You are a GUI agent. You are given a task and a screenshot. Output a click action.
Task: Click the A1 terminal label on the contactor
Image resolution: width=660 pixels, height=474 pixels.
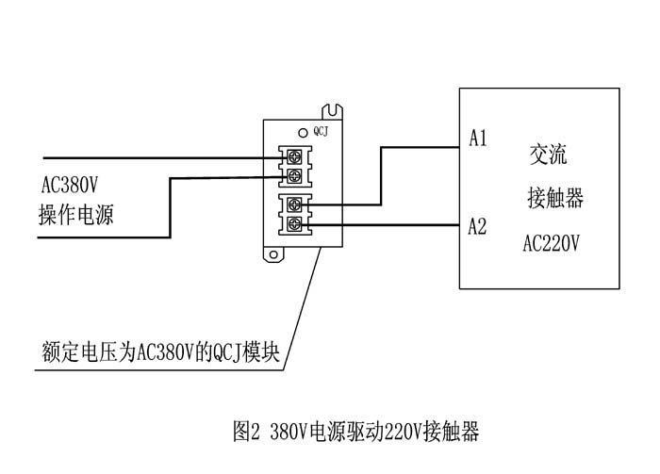(478, 138)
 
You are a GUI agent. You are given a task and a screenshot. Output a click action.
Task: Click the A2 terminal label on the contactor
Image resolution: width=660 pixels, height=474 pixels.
(477, 226)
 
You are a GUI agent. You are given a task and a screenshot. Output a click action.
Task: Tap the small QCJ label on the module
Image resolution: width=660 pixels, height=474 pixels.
(321, 132)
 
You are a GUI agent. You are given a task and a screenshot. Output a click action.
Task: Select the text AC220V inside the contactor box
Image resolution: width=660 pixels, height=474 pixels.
(551, 243)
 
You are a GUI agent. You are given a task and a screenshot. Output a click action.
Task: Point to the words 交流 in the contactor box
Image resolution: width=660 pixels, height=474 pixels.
(548, 155)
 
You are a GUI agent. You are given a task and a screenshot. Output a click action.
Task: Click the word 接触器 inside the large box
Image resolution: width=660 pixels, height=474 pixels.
(555, 198)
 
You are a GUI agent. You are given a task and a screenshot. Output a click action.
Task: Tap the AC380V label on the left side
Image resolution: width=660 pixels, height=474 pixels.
(70, 185)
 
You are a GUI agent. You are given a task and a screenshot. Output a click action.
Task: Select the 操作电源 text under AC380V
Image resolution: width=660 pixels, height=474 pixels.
(76, 215)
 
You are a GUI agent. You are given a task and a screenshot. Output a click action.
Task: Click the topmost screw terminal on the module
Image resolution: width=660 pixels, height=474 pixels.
(294, 157)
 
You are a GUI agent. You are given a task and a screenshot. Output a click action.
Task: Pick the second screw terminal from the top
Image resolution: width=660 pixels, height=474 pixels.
(294, 176)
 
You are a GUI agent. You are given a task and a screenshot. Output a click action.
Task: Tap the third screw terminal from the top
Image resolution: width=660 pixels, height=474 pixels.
(294, 205)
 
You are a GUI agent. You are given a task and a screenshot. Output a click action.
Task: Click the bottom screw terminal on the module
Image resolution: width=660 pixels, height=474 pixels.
(294, 224)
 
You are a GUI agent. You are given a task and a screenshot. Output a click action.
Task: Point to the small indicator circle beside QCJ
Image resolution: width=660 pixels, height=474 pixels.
(303, 133)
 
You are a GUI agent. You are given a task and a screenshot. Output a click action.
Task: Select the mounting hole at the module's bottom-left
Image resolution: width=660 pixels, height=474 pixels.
(273, 254)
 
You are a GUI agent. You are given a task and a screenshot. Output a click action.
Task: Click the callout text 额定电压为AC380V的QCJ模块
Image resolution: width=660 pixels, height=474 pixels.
(160, 351)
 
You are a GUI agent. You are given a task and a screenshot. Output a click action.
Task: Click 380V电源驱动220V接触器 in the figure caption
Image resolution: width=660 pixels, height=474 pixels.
(374, 431)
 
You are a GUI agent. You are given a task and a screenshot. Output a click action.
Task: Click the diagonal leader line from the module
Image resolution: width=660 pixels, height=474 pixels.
(303, 309)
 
